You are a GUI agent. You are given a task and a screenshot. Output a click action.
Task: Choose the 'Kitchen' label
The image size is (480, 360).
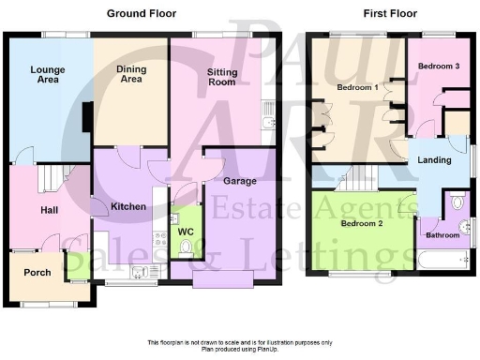127,204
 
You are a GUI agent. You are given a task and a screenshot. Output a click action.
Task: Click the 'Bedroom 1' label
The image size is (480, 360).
356,87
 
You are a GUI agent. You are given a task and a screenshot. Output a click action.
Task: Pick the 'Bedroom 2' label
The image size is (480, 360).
361,225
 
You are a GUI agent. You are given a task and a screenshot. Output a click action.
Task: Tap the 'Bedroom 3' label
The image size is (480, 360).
437,67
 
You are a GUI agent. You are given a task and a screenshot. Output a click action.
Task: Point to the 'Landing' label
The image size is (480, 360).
435,160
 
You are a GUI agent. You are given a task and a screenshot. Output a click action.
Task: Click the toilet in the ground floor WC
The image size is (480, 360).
185,248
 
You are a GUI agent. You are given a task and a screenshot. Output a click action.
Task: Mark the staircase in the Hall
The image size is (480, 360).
56,177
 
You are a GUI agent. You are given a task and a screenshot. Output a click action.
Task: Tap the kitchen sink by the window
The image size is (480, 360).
141,272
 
